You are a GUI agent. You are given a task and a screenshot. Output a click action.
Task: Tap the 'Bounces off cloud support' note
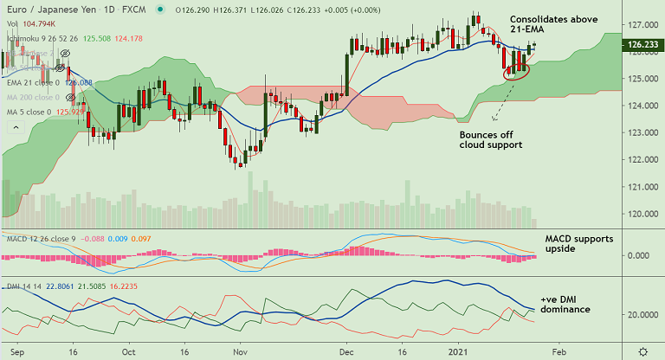490,139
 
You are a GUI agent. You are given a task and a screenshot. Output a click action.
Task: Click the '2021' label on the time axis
459,352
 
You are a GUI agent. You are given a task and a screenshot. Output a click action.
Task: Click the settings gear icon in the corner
642,351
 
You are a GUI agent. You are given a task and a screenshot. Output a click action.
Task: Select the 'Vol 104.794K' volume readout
29,24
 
